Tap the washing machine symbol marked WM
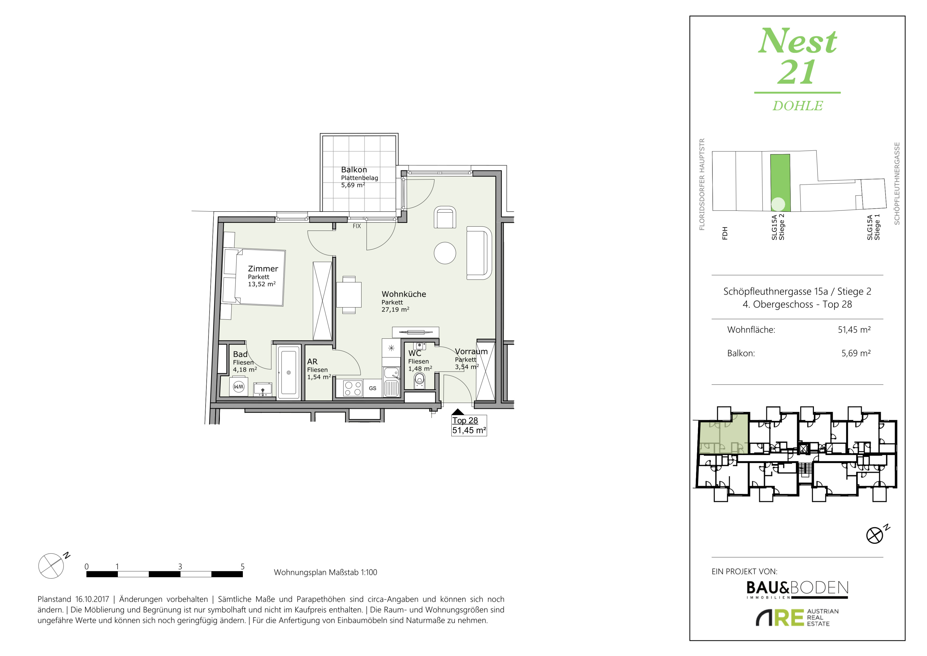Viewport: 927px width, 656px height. tap(239, 386)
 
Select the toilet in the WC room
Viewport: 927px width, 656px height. tap(420, 380)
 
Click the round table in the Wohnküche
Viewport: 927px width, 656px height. tap(445, 253)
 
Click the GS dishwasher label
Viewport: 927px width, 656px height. tap(372, 388)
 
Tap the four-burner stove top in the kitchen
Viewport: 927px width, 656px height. tap(353, 388)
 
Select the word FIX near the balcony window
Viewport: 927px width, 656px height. tap(356, 226)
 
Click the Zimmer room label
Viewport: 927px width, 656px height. tap(263, 268)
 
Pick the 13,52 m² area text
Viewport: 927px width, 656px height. tap(262, 284)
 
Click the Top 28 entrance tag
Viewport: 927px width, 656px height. tap(465, 420)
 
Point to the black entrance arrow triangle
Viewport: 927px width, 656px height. tap(458, 412)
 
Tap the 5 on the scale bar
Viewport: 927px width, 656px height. tap(242, 566)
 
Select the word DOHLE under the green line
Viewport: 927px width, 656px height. tap(797, 106)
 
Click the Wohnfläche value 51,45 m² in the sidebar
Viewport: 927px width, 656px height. tap(854, 330)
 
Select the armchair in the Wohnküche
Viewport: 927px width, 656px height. tap(445, 217)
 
